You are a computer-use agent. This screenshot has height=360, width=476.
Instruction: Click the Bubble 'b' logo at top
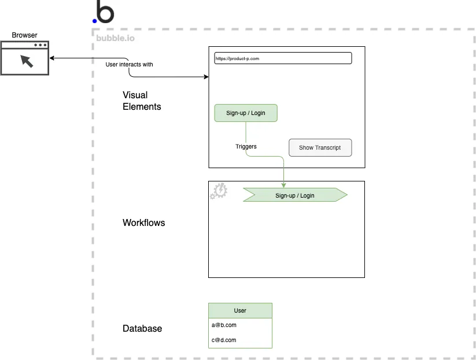pyautogui.click(x=104, y=12)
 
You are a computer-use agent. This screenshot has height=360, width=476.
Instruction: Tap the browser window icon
pyautogui.click(x=25, y=58)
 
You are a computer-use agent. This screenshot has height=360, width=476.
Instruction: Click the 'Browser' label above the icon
pyautogui.click(x=24, y=35)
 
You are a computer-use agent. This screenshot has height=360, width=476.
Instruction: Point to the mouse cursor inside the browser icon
pyautogui.click(x=26, y=61)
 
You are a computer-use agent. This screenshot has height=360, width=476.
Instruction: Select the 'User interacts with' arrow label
pyautogui.click(x=129, y=64)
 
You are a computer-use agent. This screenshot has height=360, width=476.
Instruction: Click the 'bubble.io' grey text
pyautogui.click(x=115, y=39)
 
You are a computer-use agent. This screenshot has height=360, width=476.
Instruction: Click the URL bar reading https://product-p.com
pyautogui.click(x=283, y=58)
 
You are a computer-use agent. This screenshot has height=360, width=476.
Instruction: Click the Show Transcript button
pyautogui.click(x=320, y=147)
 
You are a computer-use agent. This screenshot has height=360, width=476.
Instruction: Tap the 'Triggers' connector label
pyautogui.click(x=246, y=146)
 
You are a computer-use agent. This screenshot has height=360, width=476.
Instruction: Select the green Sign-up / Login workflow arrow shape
pyautogui.click(x=295, y=195)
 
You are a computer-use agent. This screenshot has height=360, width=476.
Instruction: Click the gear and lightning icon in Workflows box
pyautogui.click(x=219, y=191)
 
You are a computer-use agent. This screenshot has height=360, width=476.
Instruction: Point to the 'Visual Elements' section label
pyautogui.click(x=142, y=101)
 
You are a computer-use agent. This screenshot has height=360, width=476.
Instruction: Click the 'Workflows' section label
pyautogui.click(x=143, y=222)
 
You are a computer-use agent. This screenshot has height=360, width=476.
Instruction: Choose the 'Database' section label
pyautogui.click(x=142, y=328)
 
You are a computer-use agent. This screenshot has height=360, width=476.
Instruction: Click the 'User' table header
pyautogui.click(x=240, y=310)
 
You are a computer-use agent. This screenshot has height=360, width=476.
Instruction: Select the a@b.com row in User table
pyautogui.click(x=240, y=325)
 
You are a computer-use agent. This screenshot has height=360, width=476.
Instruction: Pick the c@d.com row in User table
pyautogui.click(x=240, y=340)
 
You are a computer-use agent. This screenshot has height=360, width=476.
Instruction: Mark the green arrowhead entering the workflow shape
pyautogui.click(x=284, y=185)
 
